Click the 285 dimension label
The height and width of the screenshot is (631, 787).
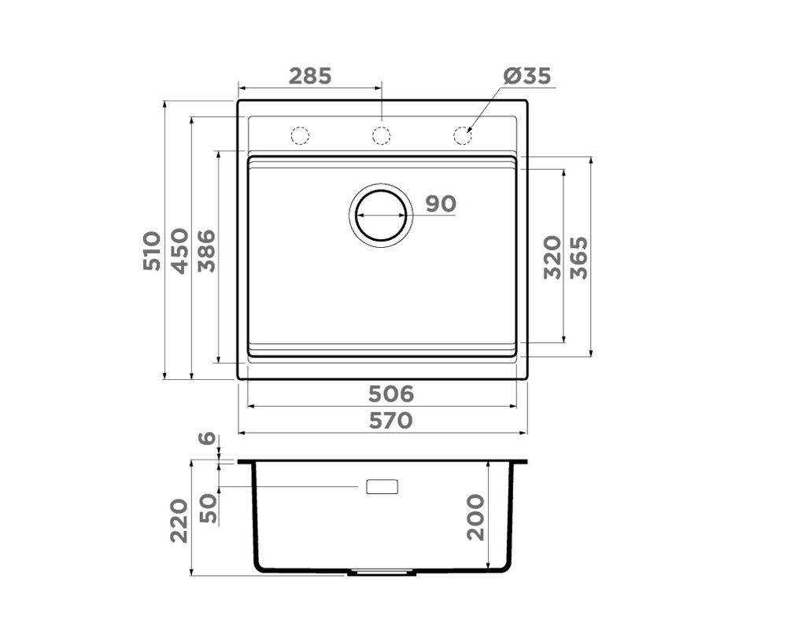pyautogui.click(x=310, y=76)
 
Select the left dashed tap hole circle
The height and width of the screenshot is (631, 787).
pyautogui.click(x=300, y=136)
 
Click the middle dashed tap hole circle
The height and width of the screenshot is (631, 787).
pyautogui.click(x=382, y=136)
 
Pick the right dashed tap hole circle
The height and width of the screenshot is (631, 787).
pyautogui.click(x=463, y=136)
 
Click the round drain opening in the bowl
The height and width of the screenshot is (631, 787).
pyautogui.click(x=382, y=214)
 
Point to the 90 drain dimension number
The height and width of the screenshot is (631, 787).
pyautogui.click(x=441, y=204)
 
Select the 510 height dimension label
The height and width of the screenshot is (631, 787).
pyautogui.click(x=152, y=251)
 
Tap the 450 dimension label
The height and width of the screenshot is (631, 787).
pyautogui.click(x=179, y=251)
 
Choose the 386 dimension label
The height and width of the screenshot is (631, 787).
pyautogui.click(x=206, y=251)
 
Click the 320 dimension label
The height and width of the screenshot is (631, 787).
pyautogui.click(x=552, y=256)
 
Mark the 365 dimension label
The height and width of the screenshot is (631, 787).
pyautogui.click(x=579, y=256)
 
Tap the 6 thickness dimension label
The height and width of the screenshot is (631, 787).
pyautogui.click(x=206, y=438)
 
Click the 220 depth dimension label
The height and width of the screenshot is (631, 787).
pyautogui.click(x=179, y=520)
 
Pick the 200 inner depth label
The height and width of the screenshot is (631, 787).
pyautogui.click(x=475, y=517)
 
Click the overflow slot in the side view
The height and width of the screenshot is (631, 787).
pyautogui.click(x=382, y=487)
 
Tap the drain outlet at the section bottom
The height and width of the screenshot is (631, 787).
pyautogui.click(x=382, y=573)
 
